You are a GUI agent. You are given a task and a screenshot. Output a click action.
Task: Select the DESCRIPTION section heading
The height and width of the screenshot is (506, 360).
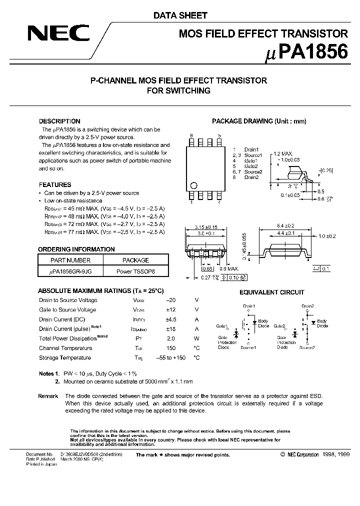click(x=59, y=121)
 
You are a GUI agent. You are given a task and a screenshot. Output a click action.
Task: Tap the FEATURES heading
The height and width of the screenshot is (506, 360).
click(x=55, y=184)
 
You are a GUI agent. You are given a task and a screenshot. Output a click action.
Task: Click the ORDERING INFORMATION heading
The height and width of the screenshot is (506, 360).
click(x=76, y=249)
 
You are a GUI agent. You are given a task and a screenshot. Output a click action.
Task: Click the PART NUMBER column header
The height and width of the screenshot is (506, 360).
click(x=70, y=260)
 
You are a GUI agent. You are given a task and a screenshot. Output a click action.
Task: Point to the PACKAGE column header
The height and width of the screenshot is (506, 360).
click(x=136, y=260)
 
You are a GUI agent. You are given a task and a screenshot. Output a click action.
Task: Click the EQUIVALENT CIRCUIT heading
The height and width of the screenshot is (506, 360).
click(x=271, y=292)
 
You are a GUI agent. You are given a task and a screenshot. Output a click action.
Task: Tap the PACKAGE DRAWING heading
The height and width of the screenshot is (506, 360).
click(x=259, y=121)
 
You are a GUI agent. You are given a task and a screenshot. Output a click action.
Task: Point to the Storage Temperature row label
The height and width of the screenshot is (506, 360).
click(x=65, y=357)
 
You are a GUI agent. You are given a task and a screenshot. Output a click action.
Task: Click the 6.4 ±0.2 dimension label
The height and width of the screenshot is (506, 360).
click(x=285, y=225)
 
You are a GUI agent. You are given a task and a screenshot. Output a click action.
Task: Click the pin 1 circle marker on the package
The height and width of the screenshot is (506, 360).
click(x=194, y=183)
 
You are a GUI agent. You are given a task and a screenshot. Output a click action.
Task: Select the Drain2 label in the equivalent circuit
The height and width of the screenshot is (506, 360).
click(x=308, y=305)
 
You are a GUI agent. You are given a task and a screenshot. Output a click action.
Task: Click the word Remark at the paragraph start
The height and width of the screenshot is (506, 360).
click(x=48, y=395)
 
